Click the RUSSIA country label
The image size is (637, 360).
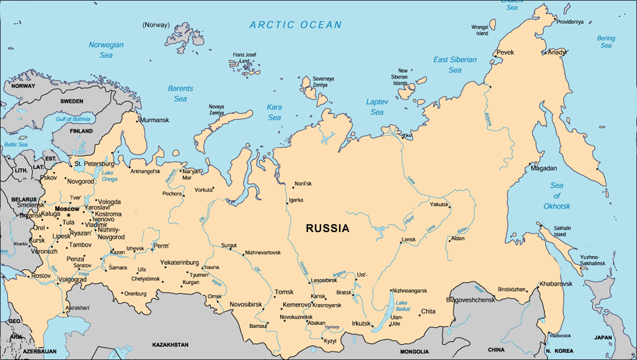(328, 229)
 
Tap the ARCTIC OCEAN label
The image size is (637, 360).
(296, 25)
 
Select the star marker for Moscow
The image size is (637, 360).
(68, 215)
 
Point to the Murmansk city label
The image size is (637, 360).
(154, 121)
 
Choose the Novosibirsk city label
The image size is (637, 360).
(246, 304)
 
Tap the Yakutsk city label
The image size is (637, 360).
(440, 204)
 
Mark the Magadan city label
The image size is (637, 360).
(544, 168)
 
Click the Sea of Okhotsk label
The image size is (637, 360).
(556, 195)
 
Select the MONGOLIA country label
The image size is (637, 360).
(415, 352)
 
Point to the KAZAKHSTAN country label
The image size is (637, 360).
(170, 345)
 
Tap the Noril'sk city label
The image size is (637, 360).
(303, 183)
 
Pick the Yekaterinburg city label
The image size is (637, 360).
(179, 262)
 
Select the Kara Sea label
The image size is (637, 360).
(274, 112)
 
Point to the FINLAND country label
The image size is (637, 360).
(81, 131)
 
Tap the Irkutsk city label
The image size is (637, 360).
(361, 323)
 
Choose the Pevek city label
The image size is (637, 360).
(505, 53)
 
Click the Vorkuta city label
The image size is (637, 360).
(203, 190)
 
